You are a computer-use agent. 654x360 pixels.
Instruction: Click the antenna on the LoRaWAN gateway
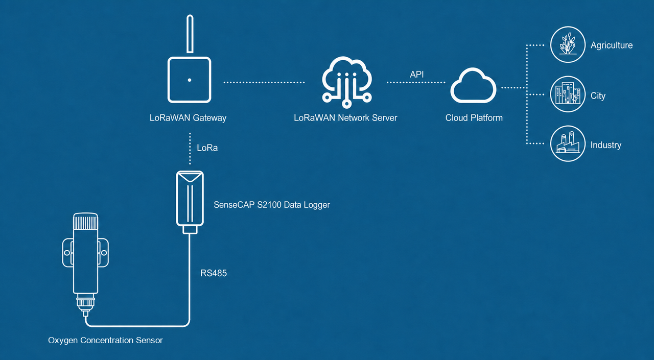[190, 34]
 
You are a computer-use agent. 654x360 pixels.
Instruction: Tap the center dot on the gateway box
[190, 80]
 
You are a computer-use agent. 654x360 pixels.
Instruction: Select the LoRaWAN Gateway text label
[188, 118]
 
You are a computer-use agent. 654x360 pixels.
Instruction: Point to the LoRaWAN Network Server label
[345, 118]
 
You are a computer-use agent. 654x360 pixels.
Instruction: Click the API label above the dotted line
[416, 75]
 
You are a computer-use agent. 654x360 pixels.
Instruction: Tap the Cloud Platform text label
[474, 118]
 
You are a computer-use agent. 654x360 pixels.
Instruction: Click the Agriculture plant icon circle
[568, 44]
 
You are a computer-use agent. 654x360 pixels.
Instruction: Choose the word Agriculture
[612, 45]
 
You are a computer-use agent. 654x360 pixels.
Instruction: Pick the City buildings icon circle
[568, 94]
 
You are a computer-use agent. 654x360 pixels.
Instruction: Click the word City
[598, 95]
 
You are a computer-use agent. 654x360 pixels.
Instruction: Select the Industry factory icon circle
[568, 143]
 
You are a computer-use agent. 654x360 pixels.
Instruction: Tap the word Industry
[606, 145]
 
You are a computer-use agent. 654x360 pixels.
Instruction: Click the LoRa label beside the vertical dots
[207, 148]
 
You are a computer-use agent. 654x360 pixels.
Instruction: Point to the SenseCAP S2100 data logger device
[190, 202]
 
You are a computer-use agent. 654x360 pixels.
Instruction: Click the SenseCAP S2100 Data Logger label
[272, 205]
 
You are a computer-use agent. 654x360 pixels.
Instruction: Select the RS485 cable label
[214, 273]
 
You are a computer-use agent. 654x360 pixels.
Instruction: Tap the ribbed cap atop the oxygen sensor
[85, 222]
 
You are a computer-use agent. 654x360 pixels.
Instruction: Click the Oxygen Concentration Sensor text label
[105, 341]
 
